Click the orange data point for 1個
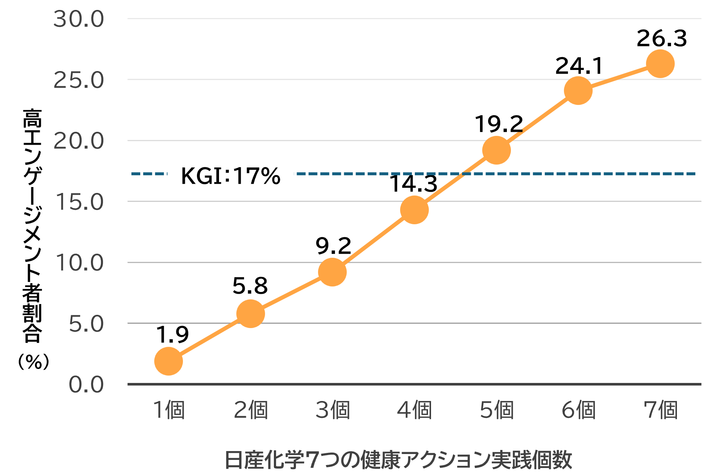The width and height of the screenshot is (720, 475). coord(169,361)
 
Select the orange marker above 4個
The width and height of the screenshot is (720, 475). coord(414,210)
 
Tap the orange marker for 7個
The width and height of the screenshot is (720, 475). coord(660,64)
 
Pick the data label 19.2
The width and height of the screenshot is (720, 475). coord(499,124)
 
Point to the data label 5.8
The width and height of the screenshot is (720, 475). coord(250,286)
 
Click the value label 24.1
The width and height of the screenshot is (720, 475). coord(579,66)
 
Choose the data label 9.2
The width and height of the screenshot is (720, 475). coord(333,246)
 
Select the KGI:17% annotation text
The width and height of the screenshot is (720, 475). coord(231,176)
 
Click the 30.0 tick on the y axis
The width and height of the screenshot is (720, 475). coord(79,19)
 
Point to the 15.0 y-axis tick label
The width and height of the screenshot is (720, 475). coord(80,202)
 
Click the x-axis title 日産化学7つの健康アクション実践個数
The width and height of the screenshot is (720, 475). coord(398,460)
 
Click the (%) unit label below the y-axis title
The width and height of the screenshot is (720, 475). coord(33,362)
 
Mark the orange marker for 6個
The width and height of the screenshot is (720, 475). coord(578,90)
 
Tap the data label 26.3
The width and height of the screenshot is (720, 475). coord(662,39)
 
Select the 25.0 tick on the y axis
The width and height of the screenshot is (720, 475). coord(79,80)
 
